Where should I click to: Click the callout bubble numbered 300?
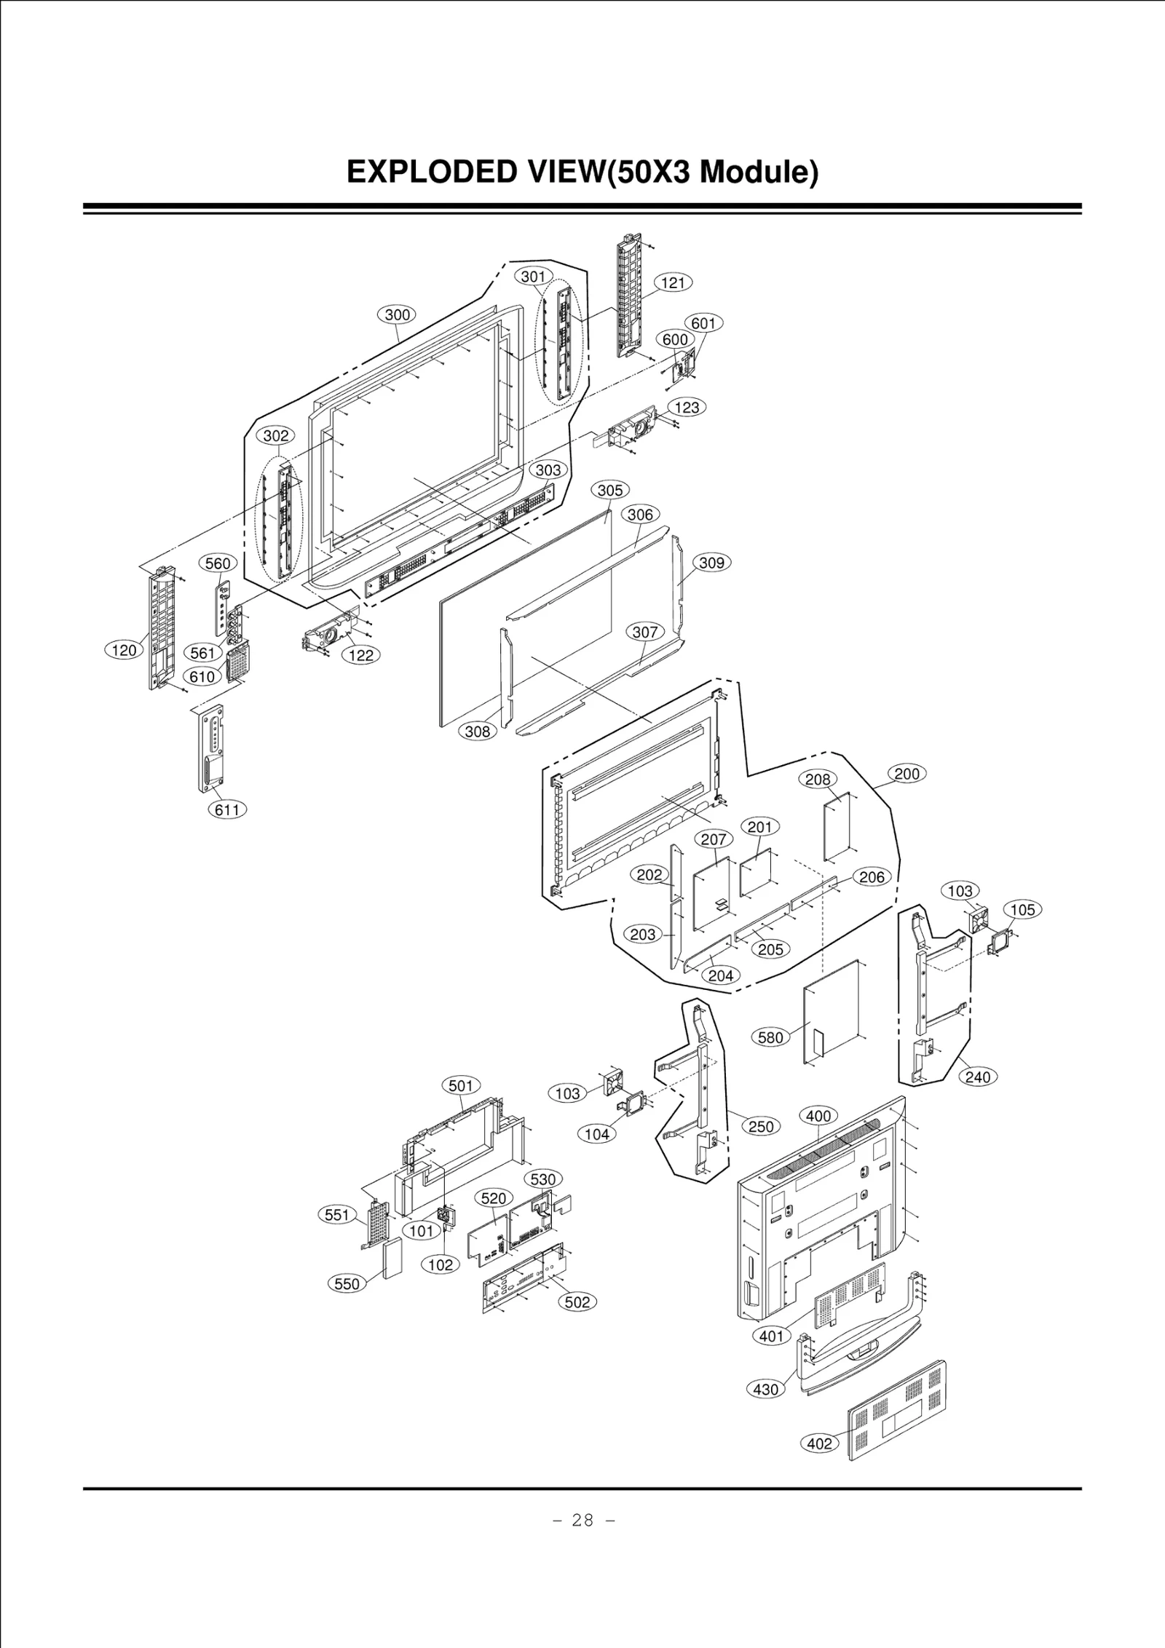click(x=397, y=314)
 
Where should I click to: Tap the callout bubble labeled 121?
click(x=673, y=282)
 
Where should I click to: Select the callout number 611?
click(x=228, y=809)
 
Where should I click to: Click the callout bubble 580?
click(x=770, y=1037)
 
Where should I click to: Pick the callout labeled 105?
click(x=1022, y=910)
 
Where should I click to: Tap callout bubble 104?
click(x=596, y=1154)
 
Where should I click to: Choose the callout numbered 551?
click(x=337, y=1215)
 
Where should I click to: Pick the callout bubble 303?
click(x=548, y=470)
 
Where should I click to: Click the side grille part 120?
click(x=162, y=630)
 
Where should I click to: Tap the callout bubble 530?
click(x=542, y=1179)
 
